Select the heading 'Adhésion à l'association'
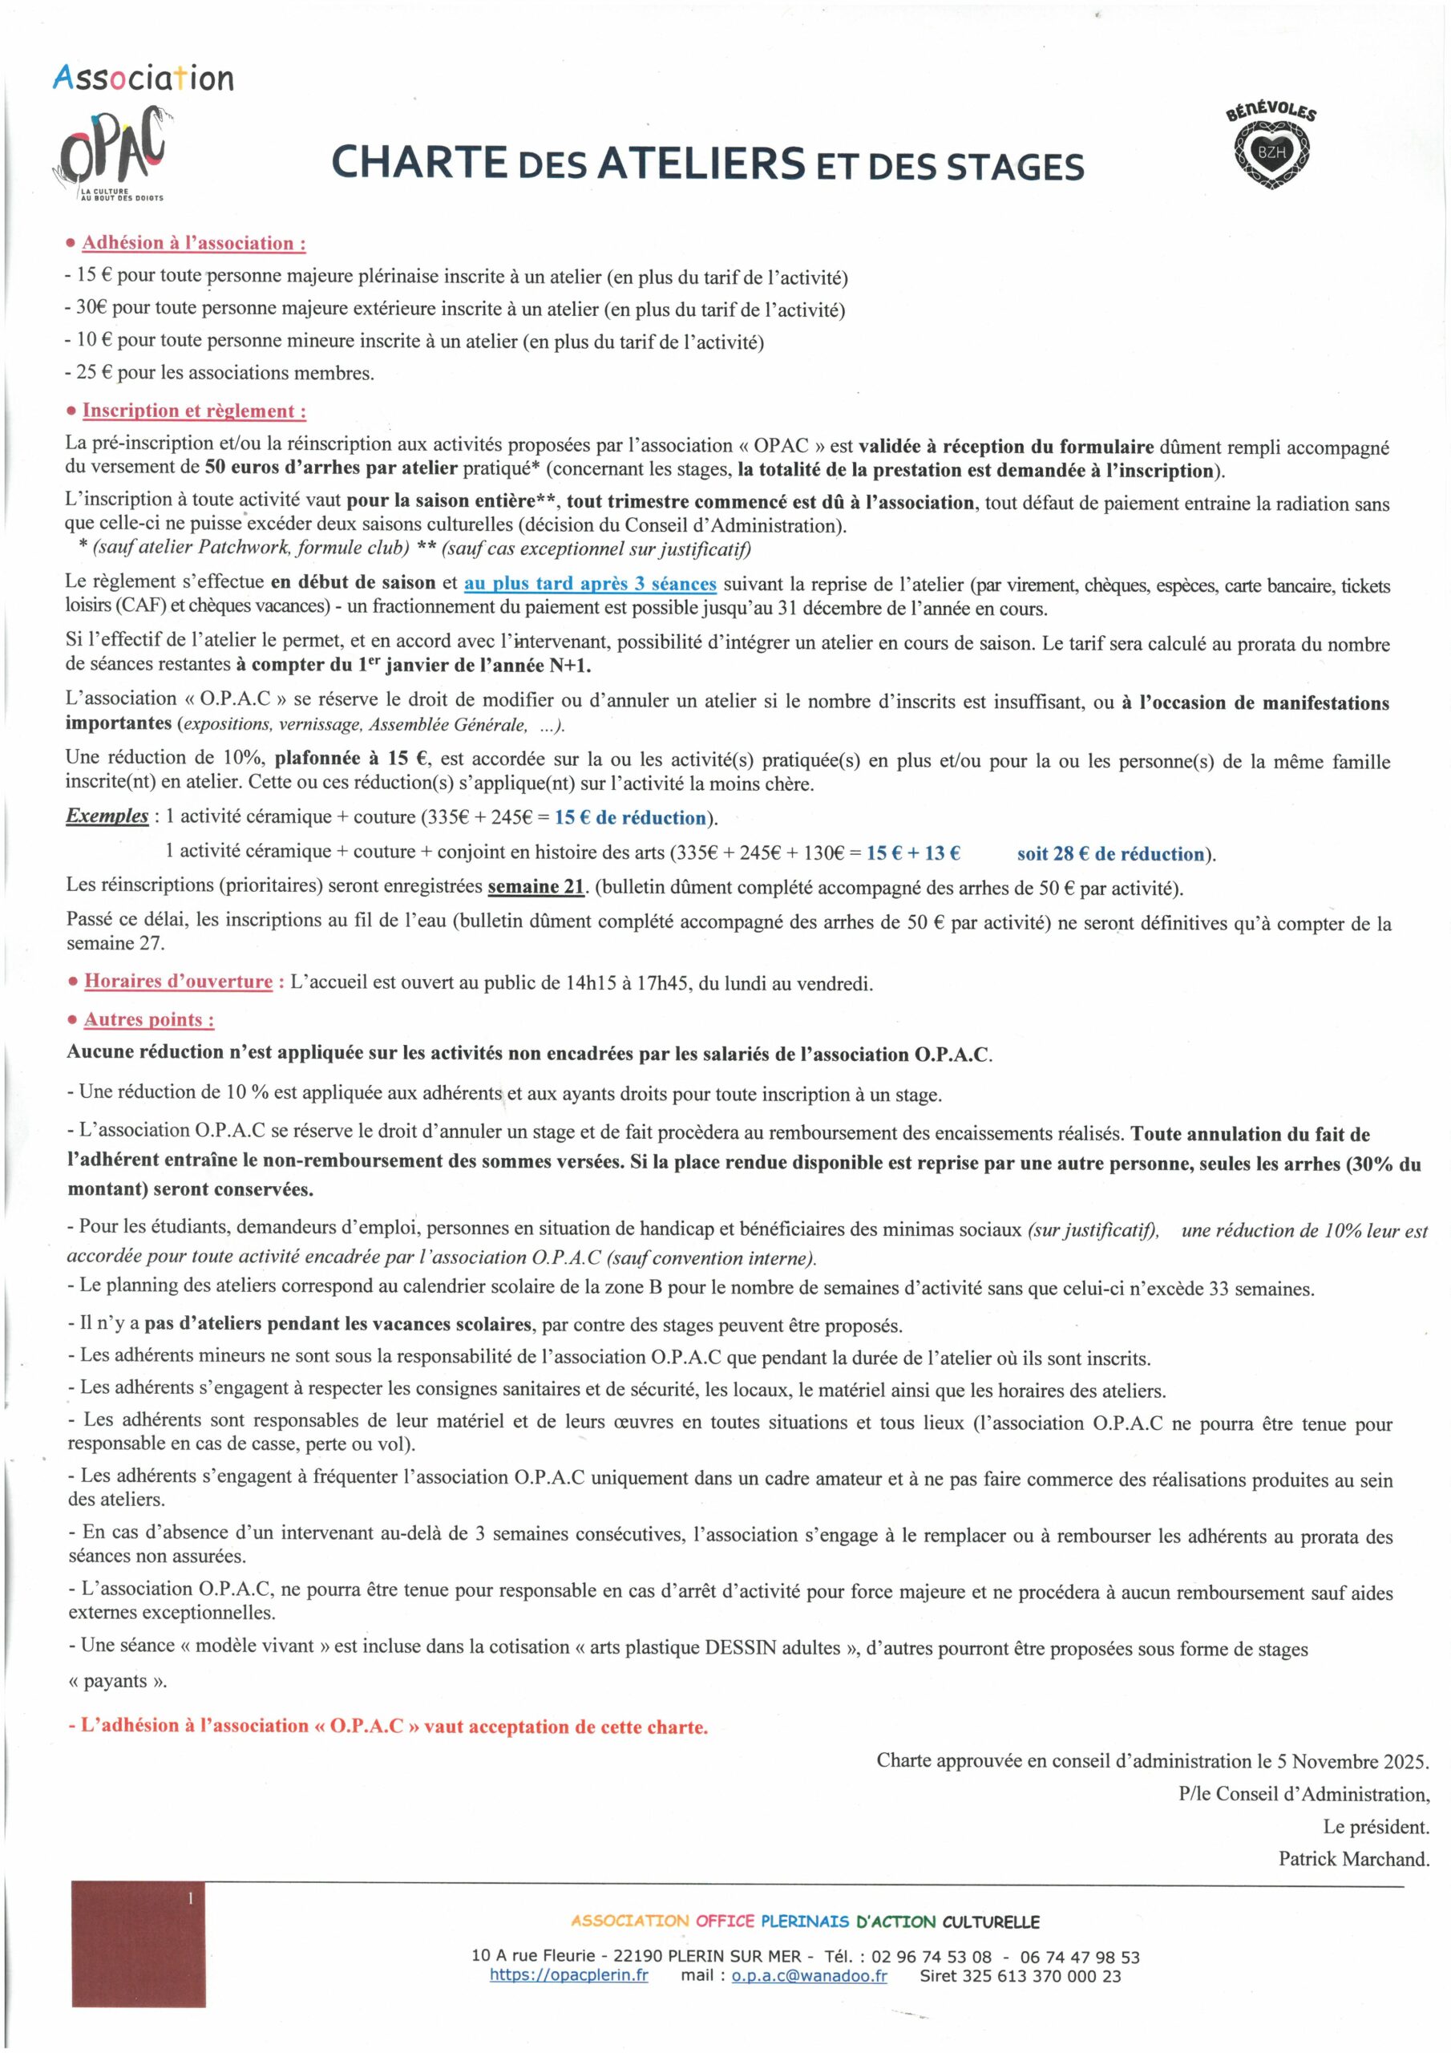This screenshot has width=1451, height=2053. click(194, 243)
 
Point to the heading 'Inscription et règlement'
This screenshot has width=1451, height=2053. click(194, 411)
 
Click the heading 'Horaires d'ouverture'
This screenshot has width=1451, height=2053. click(178, 982)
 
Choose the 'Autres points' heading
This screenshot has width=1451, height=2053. click(148, 1020)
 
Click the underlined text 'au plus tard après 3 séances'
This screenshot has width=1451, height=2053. click(590, 585)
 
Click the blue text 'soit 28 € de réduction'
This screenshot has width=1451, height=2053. click(1110, 854)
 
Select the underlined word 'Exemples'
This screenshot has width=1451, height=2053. click(107, 816)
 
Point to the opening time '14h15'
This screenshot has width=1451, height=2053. click(590, 983)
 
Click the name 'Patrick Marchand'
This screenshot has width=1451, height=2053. click(1353, 1859)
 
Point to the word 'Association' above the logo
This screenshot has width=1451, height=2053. click(143, 79)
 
